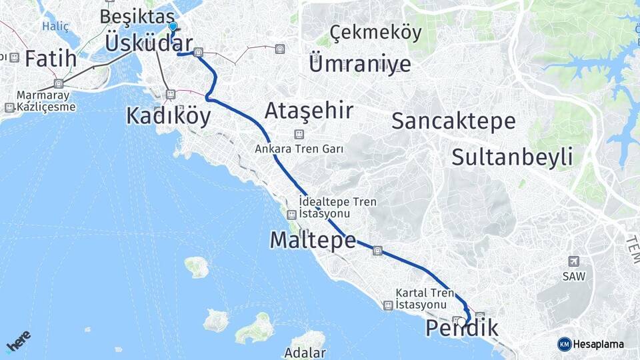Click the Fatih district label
[51, 59]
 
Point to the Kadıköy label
[168, 116]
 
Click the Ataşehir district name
[309, 110]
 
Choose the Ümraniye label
[360, 64]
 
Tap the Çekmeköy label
[376, 32]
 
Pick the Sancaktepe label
[453, 121]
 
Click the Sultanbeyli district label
[512, 157]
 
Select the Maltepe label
[313, 240]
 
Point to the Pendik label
[461, 328]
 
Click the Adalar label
[305, 353]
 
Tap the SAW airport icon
[573, 261]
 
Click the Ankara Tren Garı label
[299, 149]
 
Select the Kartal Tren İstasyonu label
[425, 298]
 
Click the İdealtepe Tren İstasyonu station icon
[291, 215]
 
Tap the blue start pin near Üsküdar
[173, 28]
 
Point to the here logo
[19, 341]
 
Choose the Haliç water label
[51, 26]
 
